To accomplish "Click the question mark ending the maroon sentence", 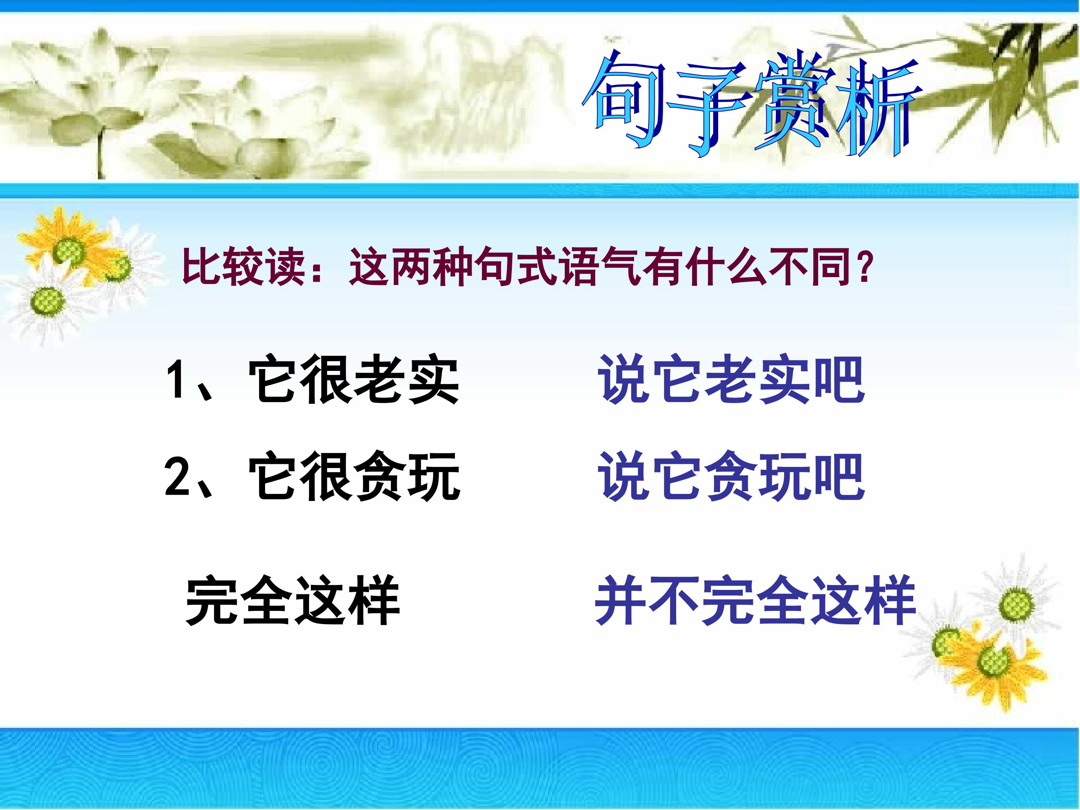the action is tap(865, 267).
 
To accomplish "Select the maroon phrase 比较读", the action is tap(244, 267).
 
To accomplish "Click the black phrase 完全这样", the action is tap(292, 600).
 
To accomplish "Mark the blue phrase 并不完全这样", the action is tap(755, 600).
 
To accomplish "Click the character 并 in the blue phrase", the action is tap(621, 600).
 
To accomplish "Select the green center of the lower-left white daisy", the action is tap(47, 302).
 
